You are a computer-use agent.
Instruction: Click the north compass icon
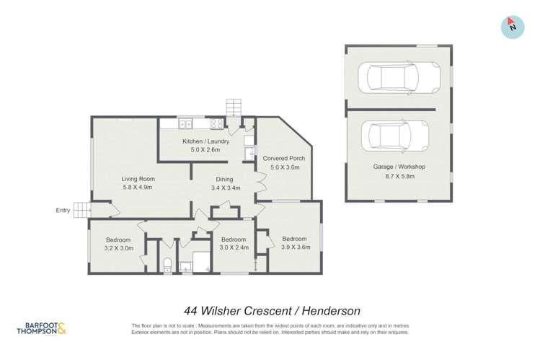512,26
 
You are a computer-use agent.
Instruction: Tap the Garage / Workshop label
399,167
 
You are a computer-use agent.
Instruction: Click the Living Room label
137,179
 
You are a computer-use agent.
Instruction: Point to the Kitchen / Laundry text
205,141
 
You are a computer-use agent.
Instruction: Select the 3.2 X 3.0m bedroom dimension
118,247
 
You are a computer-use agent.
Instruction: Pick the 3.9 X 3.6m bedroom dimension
295,247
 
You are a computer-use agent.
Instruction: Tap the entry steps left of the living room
84,210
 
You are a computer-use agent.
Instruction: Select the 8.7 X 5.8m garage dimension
399,175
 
